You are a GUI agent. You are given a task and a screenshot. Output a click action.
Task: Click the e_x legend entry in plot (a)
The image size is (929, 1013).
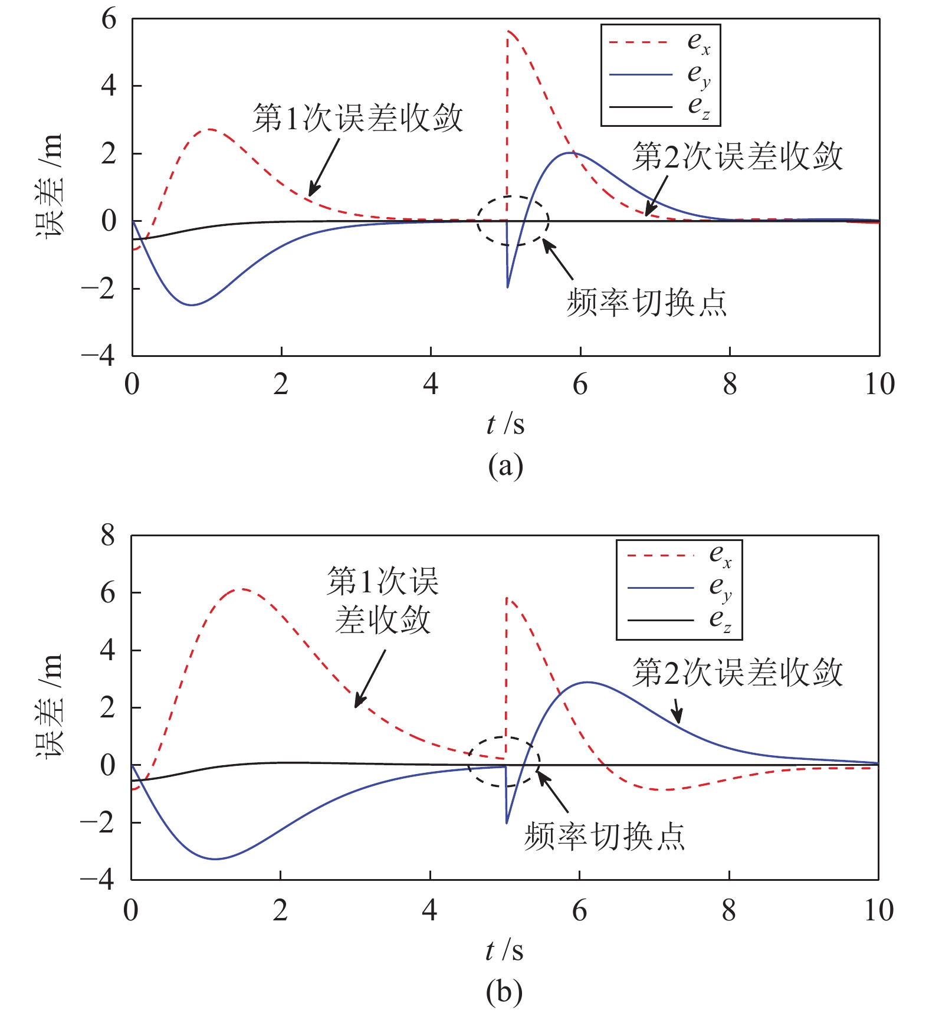(x=660, y=42)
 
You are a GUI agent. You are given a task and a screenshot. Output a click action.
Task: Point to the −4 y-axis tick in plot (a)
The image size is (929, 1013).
(x=99, y=356)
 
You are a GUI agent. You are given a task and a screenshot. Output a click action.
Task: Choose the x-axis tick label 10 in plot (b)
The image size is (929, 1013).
(x=878, y=910)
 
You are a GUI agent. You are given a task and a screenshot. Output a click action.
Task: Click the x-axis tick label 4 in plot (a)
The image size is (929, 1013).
(x=431, y=385)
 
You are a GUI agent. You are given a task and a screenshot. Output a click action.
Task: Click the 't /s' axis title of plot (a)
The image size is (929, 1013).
(x=505, y=424)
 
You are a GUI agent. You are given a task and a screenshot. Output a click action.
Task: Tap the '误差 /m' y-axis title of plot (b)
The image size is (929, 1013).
(x=50, y=706)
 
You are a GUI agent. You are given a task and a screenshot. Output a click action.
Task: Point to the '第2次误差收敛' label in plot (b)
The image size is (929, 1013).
(x=737, y=673)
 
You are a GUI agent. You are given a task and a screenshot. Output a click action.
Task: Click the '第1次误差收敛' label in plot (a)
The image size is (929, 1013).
(x=357, y=118)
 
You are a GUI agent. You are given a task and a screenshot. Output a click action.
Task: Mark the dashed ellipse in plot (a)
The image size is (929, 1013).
(x=513, y=221)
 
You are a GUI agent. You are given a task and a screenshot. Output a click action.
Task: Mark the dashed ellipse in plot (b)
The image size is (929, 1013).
(x=504, y=762)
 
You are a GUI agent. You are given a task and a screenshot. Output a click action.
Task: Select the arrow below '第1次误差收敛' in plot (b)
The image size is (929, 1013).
(x=369, y=678)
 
